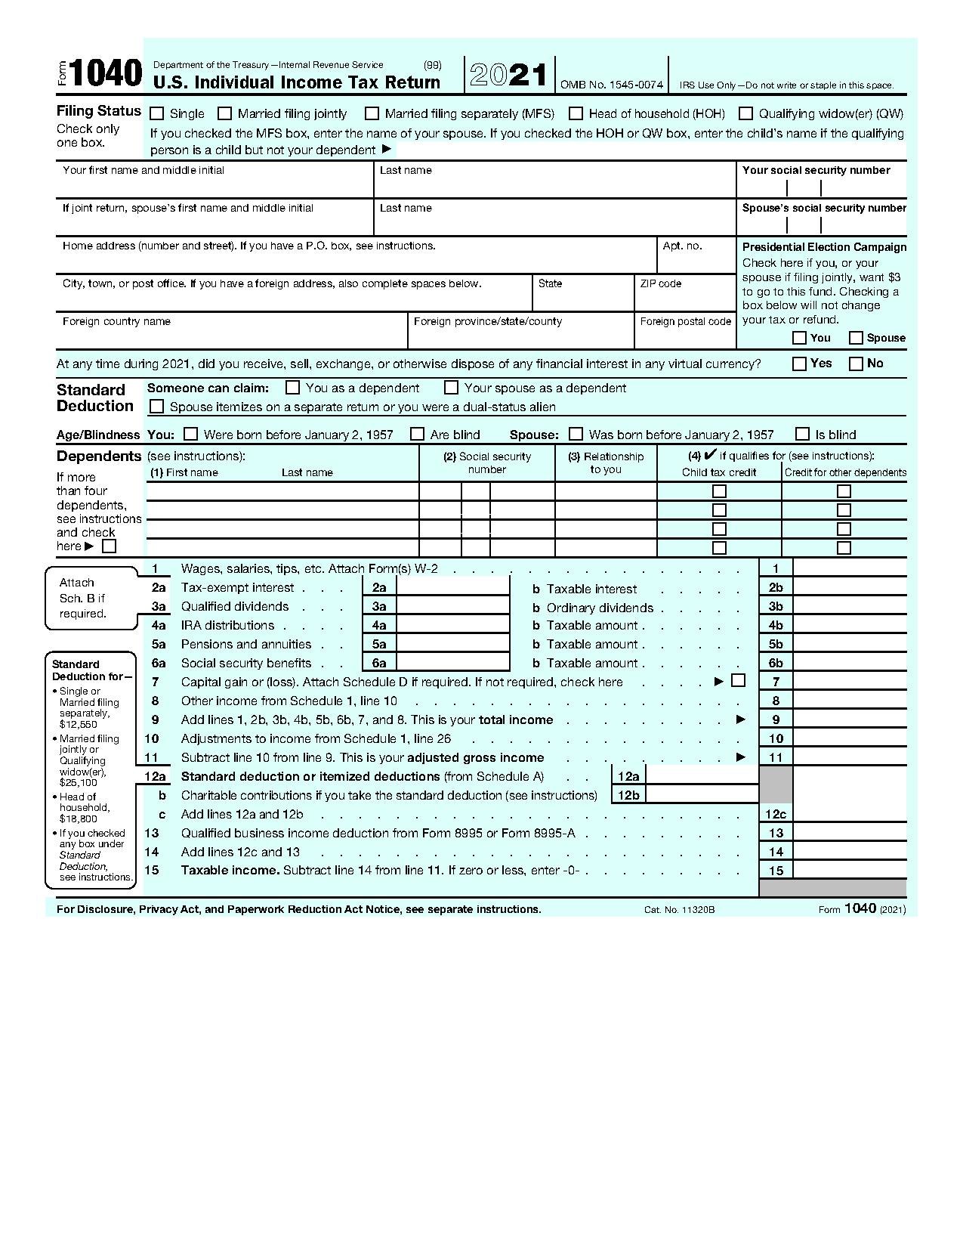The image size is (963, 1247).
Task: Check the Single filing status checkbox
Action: coord(157,113)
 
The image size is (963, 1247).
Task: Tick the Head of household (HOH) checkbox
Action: coord(576,113)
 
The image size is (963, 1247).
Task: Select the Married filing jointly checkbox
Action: coord(224,113)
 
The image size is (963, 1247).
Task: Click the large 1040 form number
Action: coord(107,74)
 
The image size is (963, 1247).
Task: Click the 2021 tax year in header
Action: coord(509,75)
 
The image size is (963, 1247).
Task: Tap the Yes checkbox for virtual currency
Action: coord(799,364)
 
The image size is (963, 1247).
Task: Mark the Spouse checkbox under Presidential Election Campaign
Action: coord(856,338)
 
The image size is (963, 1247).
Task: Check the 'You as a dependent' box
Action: coord(293,388)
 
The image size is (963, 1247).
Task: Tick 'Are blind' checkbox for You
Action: coord(417,434)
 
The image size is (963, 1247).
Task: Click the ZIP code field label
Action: coord(660,283)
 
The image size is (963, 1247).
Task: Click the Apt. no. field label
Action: coord(682,246)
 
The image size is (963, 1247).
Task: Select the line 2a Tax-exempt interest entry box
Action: coord(452,587)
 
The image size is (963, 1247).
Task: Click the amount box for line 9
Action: coord(849,719)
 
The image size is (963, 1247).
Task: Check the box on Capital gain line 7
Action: coord(739,680)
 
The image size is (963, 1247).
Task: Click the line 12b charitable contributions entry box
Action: coord(702,795)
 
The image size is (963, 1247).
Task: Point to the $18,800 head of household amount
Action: coord(78,818)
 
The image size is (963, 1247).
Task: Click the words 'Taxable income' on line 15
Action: coord(230,871)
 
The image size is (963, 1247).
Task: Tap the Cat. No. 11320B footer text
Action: coord(679,909)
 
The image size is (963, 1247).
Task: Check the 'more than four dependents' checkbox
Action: coord(109,546)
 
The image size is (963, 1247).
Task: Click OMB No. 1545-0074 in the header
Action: coord(611,85)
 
